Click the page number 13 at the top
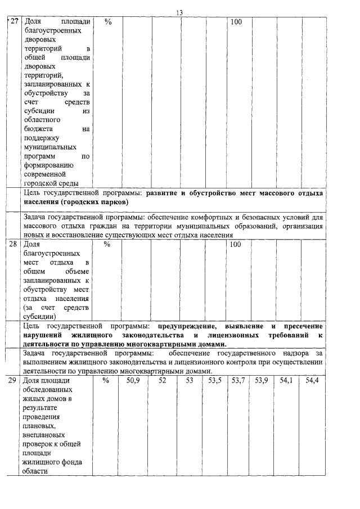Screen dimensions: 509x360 179,12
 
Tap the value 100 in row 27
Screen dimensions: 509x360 236,22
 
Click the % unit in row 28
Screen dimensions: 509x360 107,245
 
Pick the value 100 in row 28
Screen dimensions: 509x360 236,245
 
